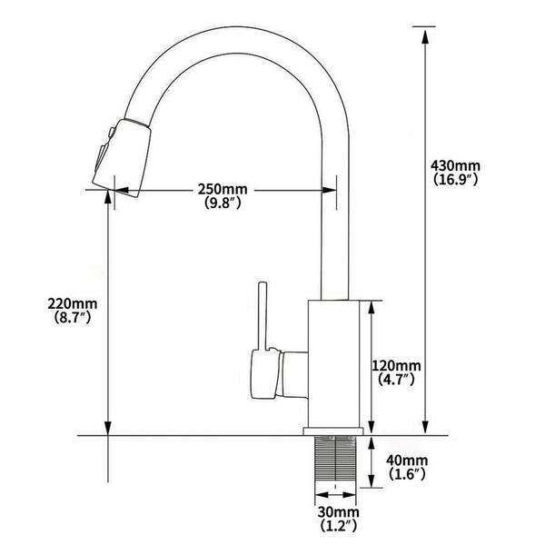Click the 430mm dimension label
pyautogui.click(x=456, y=166)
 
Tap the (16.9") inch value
pyautogui.click(x=456, y=180)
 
